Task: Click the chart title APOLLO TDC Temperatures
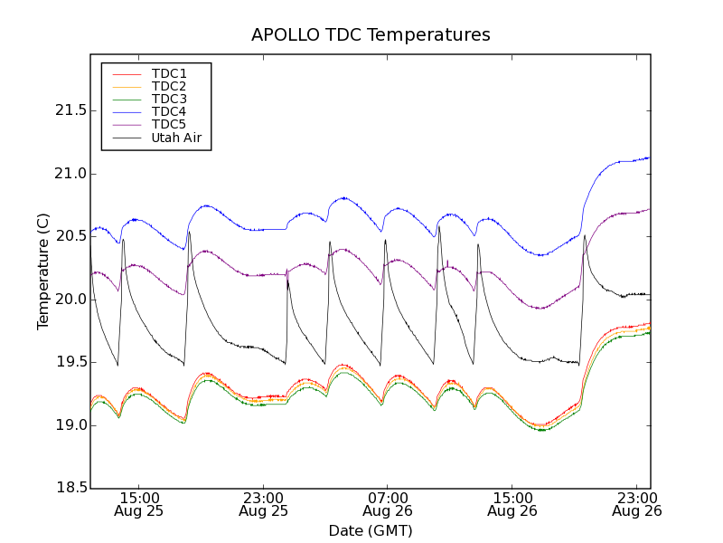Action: point(371,35)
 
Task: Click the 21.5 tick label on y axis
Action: point(65,110)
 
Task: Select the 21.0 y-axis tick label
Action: point(65,174)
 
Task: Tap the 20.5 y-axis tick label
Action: point(65,236)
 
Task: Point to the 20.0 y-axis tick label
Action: point(65,300)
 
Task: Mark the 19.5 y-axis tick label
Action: point(65,362)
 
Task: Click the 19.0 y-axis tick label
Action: point(65,425)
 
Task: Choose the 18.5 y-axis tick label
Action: point(65,488)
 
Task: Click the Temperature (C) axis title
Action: point(43,271)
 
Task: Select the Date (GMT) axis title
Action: point(371,530)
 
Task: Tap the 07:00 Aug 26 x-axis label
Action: point(388,504)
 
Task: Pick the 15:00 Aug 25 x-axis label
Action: point(139,504)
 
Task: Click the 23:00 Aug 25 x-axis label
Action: point(263,504)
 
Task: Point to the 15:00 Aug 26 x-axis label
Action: point(512,504)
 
